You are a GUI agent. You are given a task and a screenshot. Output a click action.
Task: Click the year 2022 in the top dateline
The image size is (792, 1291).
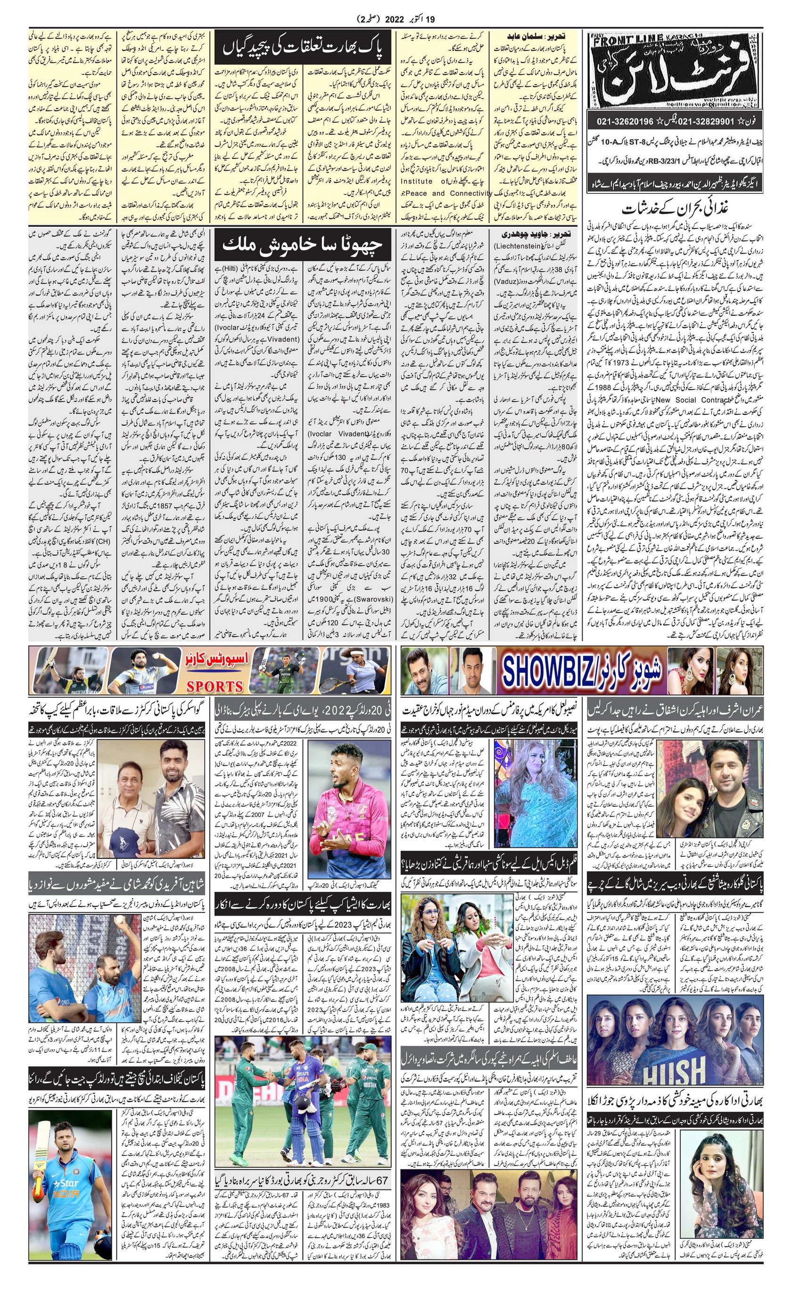pos(400,20)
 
